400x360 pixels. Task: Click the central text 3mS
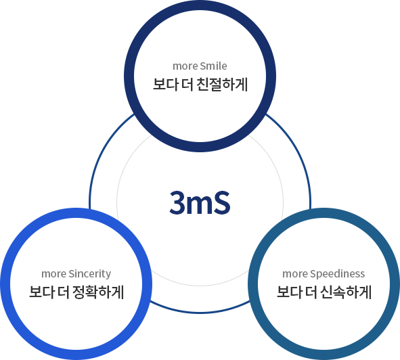(x=200, y=202)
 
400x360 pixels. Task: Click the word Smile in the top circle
(x=214, y=66)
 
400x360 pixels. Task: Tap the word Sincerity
(x=90, y=274)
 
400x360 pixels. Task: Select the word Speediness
(x=337, y=274)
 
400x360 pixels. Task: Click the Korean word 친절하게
(x=223, y=85)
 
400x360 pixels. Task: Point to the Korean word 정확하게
(x=98, y=292)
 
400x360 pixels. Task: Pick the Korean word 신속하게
(x=346, y=292)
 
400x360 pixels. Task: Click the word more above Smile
(x=185, y=66)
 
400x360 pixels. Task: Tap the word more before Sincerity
(x=54, y=274)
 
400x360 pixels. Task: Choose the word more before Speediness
(x=295, y=274)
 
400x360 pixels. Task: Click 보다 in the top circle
(x=165, y=85)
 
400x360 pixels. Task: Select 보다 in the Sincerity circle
(x=41, y=292)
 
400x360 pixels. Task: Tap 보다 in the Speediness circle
(x=289, y=292)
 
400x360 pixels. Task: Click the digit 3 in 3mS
(x=177, y=202)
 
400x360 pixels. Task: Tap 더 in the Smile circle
(x=187, y=85)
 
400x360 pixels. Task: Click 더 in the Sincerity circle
(x=64, y=292)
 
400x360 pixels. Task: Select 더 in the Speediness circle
(x=311, y=292)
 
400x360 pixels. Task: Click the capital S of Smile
(x=203, y=66)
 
